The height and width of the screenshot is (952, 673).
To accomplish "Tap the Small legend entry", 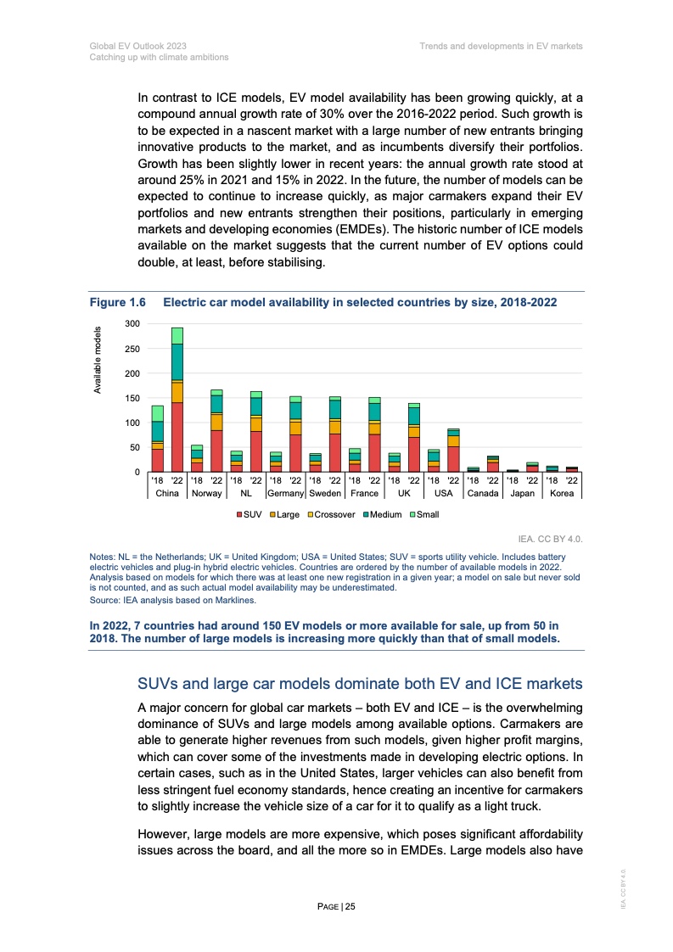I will pos(424,514).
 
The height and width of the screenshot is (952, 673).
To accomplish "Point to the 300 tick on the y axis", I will pos(132,324).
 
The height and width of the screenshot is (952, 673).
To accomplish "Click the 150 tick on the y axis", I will pos(132,398).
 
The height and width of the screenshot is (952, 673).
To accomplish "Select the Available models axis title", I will pos(98,360).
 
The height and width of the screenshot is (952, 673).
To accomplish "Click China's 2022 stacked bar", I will pos(177,400).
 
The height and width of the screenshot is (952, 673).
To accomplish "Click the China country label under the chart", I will pos(167,493).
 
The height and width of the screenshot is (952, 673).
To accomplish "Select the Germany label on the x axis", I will pos(285,493).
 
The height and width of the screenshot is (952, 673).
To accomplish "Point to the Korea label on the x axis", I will pos(562,493).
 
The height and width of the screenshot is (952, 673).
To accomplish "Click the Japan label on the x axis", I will pos(522,493).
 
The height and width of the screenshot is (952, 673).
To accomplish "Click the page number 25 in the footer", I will pos(338,907).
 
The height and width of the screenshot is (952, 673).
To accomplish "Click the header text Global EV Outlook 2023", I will pos(137,46).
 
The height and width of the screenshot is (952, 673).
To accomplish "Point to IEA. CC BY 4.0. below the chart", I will pos(555,538).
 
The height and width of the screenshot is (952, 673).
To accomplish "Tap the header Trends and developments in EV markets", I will pos(501,46).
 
